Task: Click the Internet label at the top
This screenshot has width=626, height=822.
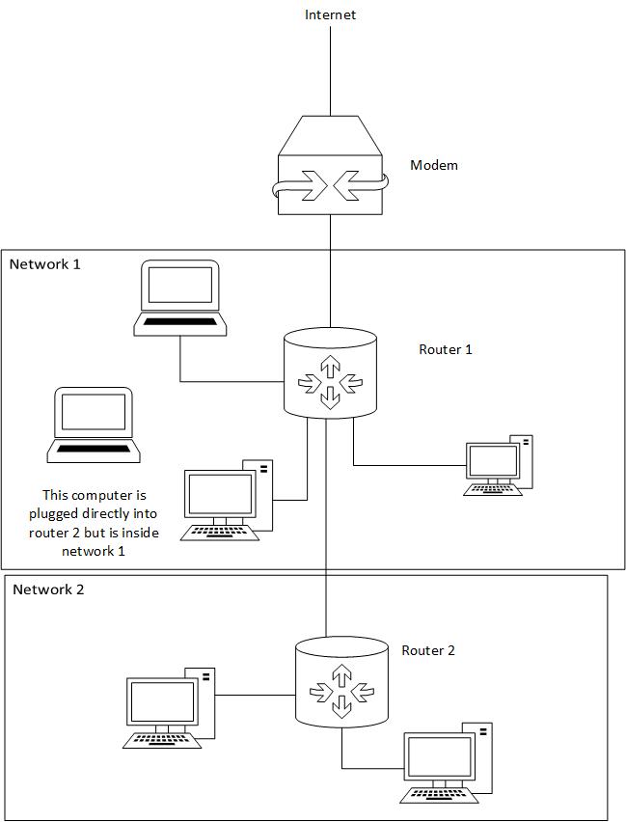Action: coord(330,14)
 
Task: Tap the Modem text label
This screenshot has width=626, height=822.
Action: coord(434,165)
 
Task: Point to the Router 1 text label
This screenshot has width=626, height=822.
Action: coord(445,349)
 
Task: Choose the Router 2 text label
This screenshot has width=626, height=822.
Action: coord(427,650)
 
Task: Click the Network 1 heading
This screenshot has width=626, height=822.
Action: coord(45,263)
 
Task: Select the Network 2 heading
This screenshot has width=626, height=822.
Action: coord(48,589)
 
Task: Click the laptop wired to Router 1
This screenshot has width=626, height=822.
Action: coord(179,297)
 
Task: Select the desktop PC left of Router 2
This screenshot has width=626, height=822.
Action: coord(171,707)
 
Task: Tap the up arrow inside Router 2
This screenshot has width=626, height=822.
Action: coord(340,673)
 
